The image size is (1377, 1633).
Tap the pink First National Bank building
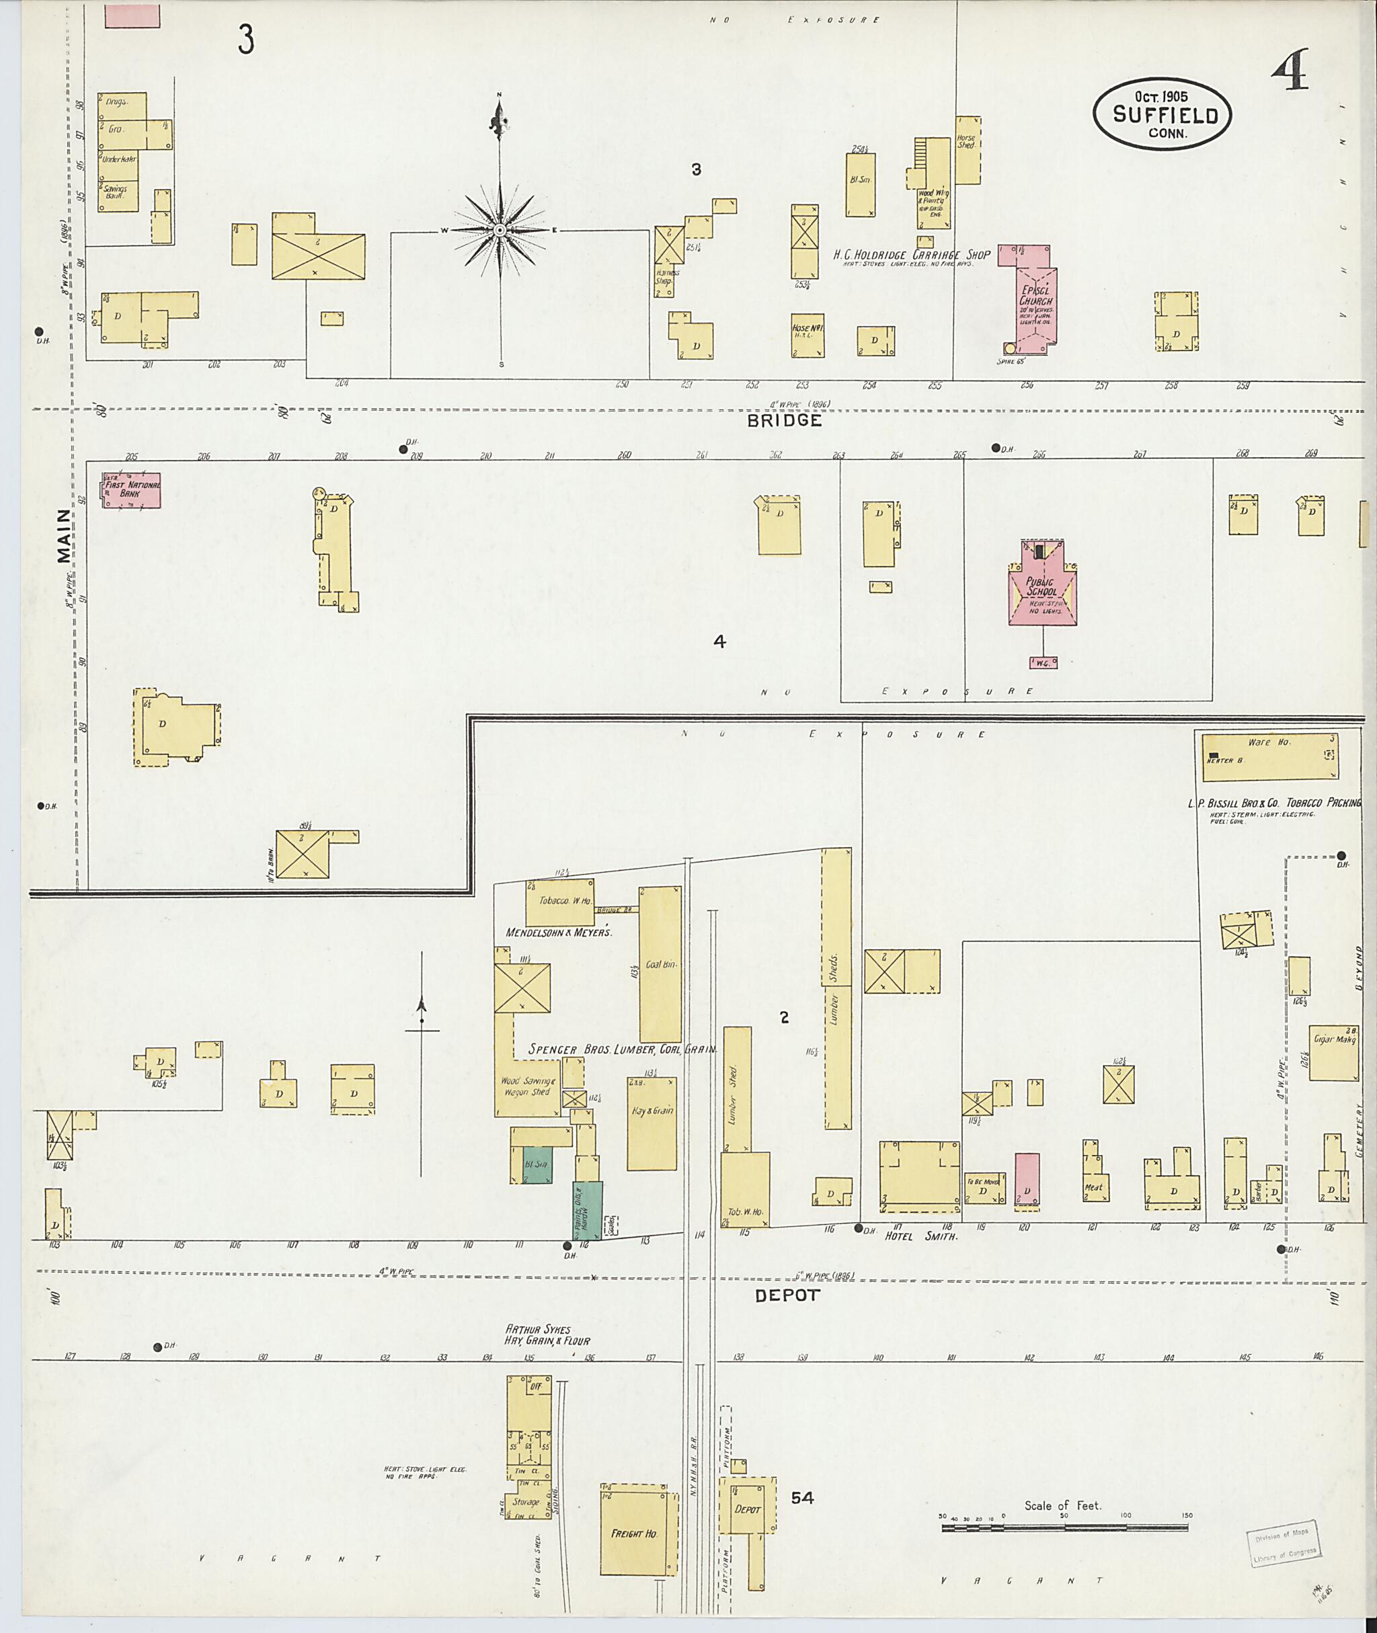pyautogui.click(x=131, y=490)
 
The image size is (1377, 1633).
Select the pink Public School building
pyautogui.click(x=1042, y=590)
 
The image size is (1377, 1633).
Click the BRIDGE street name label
pyautogui.click(x=785, y=421)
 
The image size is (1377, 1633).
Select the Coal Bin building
pyautogui.click(x=660, y=964)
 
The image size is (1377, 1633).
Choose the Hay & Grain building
pyautogui.click(x=652, y=1123)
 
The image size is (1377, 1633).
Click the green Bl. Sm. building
pyautogui.click(x=537, y=1164)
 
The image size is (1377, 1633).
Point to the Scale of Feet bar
pyautogui.click(x=1065, y=1527)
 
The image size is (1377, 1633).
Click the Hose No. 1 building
pyautogui.click(x=807, y=335)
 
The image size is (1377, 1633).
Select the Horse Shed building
pyautogui.click(x=968, y=150)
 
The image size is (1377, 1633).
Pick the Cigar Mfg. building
pyautogui.click(x=1333, y=1052)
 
